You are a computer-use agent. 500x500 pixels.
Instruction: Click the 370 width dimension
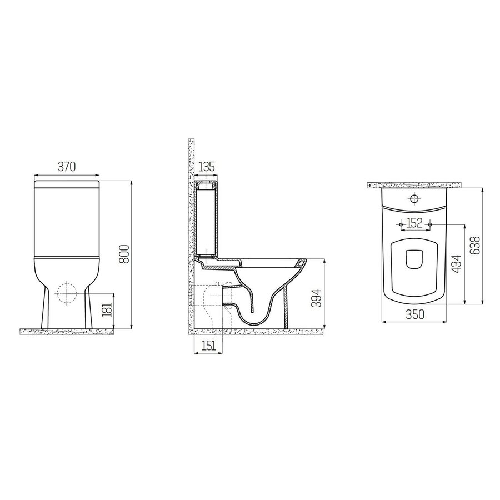[x=67, y=166]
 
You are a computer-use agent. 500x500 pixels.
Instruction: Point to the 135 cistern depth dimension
[x=206, y=166]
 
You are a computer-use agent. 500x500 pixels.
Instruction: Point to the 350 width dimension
[x=415, y=314]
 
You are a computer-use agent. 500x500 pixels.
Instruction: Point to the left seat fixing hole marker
[x=402, y=224]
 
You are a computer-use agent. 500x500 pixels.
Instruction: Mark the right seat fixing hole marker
[x=429, y=224]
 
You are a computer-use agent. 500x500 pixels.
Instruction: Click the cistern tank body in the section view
[x=206, y=222]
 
